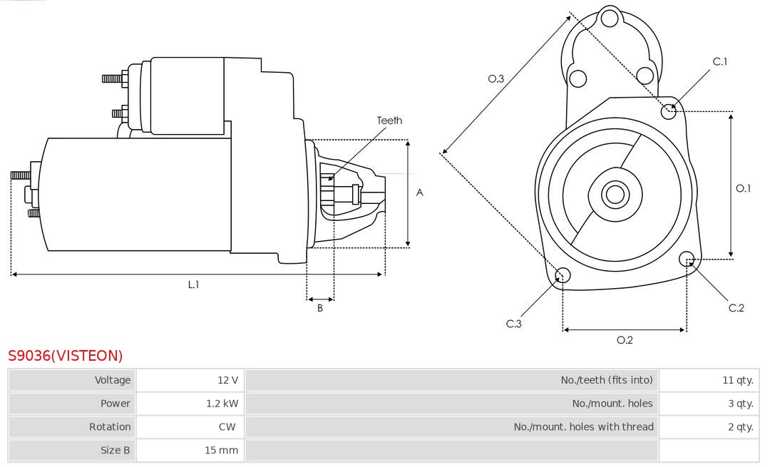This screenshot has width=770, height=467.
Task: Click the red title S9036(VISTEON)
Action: point(65,356)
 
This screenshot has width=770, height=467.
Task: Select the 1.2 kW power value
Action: point(222,404)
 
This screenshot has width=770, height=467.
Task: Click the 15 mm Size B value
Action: point(221,451)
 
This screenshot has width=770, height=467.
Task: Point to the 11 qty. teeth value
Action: point(737,380)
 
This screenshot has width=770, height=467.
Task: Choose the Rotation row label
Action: point(110,427)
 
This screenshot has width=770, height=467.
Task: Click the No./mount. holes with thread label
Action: point(583,427)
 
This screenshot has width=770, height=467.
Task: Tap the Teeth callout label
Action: point(389,120)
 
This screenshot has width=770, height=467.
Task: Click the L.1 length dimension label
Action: point(193,284)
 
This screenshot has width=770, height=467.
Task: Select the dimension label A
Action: point(420,193)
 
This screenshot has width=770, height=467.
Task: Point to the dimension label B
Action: point(320,309)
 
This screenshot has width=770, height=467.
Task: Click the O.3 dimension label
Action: point(496,78)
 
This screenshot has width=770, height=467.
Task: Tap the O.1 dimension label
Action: point(743,188)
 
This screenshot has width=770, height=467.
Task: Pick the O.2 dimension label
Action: point(625,340)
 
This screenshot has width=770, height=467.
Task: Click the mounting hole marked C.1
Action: point(669,111)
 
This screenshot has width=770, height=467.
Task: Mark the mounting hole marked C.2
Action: point(687,258)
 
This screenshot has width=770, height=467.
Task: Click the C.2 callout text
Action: point(736,308)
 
